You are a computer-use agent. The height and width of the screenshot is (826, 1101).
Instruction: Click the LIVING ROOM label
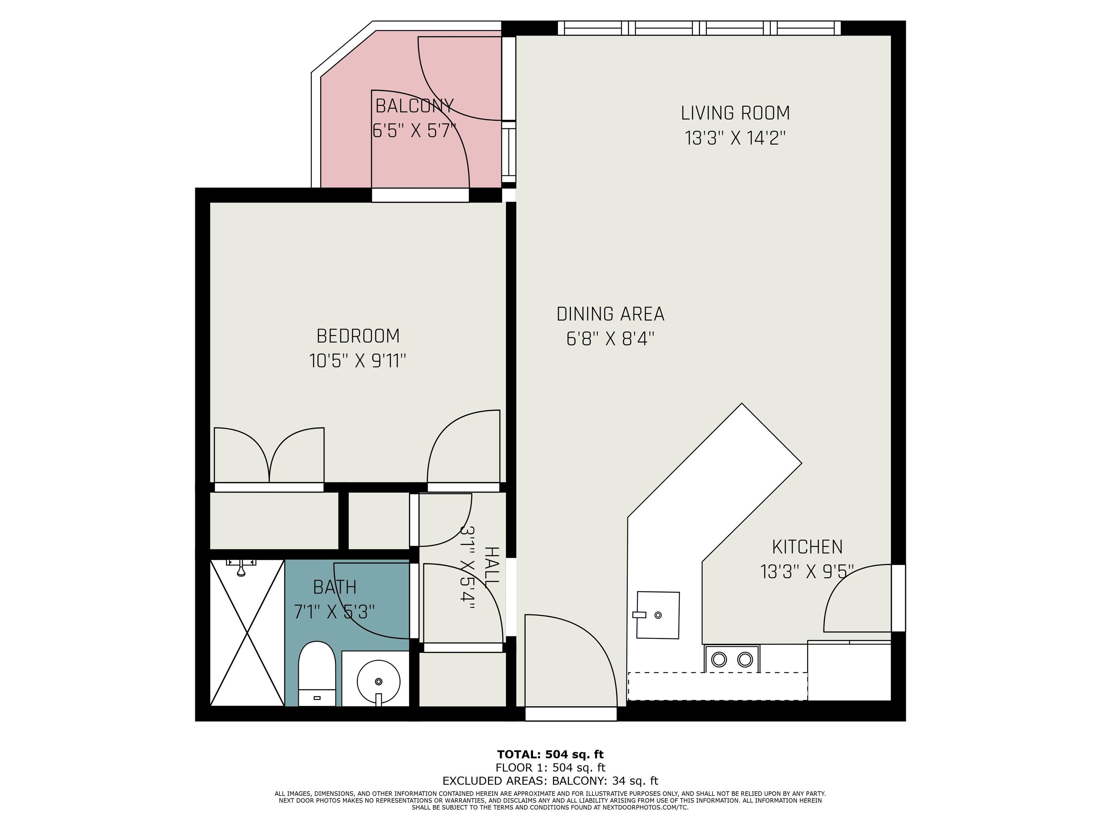tap(735, 113)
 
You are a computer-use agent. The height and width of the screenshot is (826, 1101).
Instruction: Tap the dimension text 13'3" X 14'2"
tap(735, 138)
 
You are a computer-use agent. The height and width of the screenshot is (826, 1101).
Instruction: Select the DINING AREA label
tap(610, 314)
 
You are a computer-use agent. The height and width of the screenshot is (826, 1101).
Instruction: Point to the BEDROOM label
tap(358, 336)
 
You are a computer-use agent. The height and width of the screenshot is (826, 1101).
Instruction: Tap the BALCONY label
tap(414, 106)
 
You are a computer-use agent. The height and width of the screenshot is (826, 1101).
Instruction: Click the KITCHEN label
tap(807, 547)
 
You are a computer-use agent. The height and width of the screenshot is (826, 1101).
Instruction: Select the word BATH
tap(334, 588)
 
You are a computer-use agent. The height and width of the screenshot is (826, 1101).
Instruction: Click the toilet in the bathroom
tap(316, 674)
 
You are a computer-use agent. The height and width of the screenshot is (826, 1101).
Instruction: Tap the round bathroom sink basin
tap(379, 681)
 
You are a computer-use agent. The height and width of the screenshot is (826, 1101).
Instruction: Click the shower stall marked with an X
tap(247, 632)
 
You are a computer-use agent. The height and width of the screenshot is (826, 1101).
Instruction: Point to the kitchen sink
tap(658, 615)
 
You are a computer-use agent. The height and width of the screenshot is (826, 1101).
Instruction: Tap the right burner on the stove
tap(745, 660)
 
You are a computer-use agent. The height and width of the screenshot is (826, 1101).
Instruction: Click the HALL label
tap(491, 566)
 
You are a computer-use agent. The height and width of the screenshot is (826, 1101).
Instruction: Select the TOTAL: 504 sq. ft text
tap(550, 754)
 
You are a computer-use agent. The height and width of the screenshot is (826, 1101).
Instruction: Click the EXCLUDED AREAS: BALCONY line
tap(550, 781)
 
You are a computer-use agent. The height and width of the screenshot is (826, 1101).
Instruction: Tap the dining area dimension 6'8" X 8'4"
tap(610, 339)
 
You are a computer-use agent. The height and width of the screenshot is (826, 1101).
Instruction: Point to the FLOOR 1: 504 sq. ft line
tap(550, 768)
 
